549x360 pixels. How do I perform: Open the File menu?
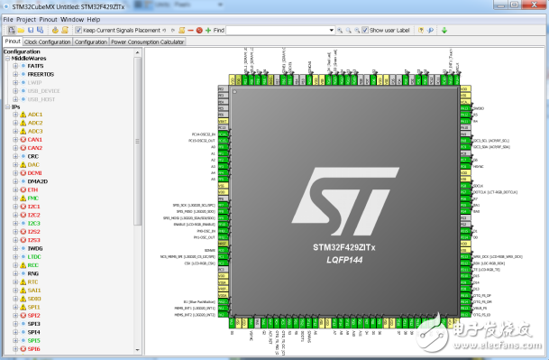pos(8,18)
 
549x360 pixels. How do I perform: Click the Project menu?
pos(26,18)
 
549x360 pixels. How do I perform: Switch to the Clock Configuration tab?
pos(48,42)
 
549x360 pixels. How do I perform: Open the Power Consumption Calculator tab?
pos(148,42)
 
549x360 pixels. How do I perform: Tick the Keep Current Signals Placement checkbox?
pos(78,30)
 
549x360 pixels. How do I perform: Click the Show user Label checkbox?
pos(364,30)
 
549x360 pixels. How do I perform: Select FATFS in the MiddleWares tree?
pos(36,66)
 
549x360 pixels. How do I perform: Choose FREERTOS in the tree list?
pos(41,74)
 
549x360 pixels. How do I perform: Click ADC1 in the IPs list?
pos(35,115)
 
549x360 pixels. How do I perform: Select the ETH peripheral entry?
pos(33,190)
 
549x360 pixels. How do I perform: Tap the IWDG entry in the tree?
pos(35,248)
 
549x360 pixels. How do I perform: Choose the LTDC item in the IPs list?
pos(35,256)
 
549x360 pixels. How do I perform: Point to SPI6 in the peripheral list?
pos(34,348)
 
